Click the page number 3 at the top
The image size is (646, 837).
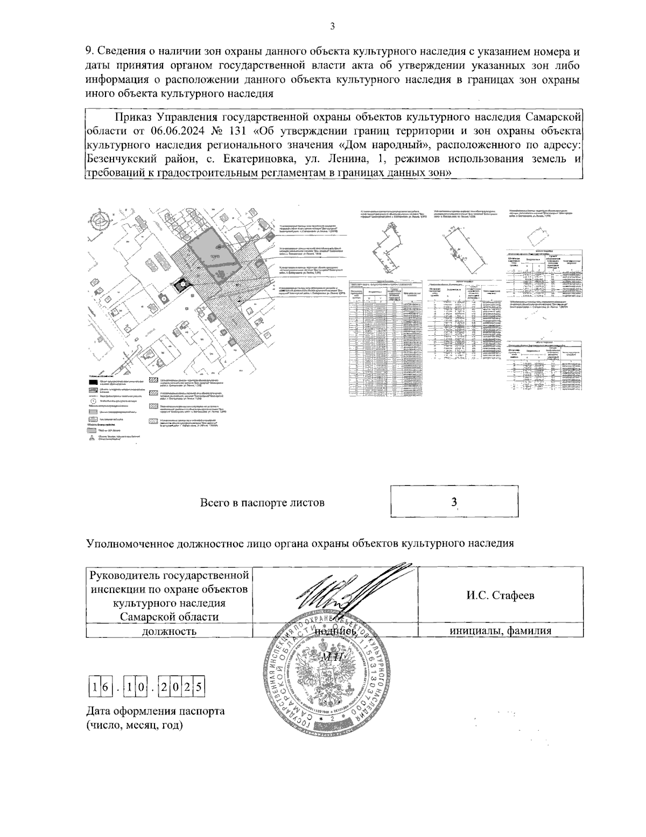tap(332, 26)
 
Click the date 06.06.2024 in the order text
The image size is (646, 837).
tap(175, 131)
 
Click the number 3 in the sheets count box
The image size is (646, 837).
tap(454, 502)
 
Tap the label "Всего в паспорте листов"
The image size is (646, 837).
tap(262, 503)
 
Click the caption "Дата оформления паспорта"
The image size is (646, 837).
tap(156, 711)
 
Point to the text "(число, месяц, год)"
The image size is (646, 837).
tap(135, 725)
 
